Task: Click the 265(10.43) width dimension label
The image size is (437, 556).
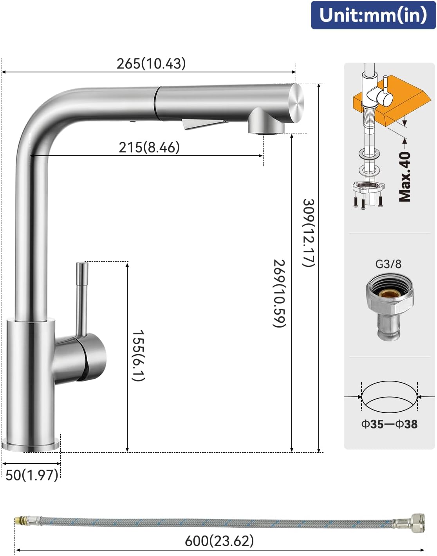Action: pos(151,63)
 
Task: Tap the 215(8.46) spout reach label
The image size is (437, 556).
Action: pos(149,148)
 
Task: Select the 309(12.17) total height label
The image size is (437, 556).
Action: pos(309,233)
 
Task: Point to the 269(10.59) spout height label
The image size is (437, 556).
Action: pos(279,293)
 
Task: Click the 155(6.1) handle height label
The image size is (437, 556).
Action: pos(138,355)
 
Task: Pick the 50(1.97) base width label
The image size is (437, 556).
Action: pos(32,475)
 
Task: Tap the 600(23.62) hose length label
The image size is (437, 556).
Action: pos(219,541)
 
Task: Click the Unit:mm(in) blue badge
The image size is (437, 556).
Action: pos(373,15)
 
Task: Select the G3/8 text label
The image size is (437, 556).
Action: pos(388,264)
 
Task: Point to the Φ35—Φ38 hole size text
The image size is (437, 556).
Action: pos(389,424)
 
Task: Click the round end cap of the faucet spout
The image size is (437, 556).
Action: pos(296,103)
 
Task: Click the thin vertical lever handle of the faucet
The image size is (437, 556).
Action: pos(82,297)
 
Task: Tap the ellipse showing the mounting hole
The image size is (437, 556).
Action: pos(389,397)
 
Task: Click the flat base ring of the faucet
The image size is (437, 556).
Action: pos(31,445)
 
